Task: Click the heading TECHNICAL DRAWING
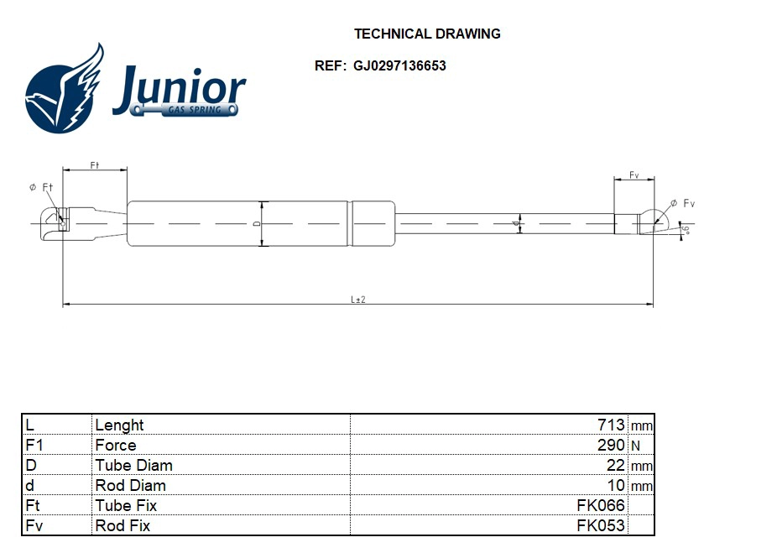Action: [427, 34]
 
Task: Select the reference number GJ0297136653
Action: [399, 65]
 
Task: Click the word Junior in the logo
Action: [179, 90]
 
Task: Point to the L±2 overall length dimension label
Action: [357, 300]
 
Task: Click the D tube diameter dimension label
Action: [256, 224]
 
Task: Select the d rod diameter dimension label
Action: [514, 224]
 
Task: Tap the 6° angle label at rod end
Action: [686, 229]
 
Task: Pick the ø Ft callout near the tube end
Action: [41, 187]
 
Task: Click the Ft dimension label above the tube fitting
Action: [95, 165]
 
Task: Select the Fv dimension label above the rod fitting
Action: [634, 175]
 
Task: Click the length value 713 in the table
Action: [611, 425]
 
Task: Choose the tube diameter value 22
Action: [616, 466]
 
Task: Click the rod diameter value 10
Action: [616, 486]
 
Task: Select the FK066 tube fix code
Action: [601, 506]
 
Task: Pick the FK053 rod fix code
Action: [601, 526]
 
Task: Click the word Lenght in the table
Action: [119, 425]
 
